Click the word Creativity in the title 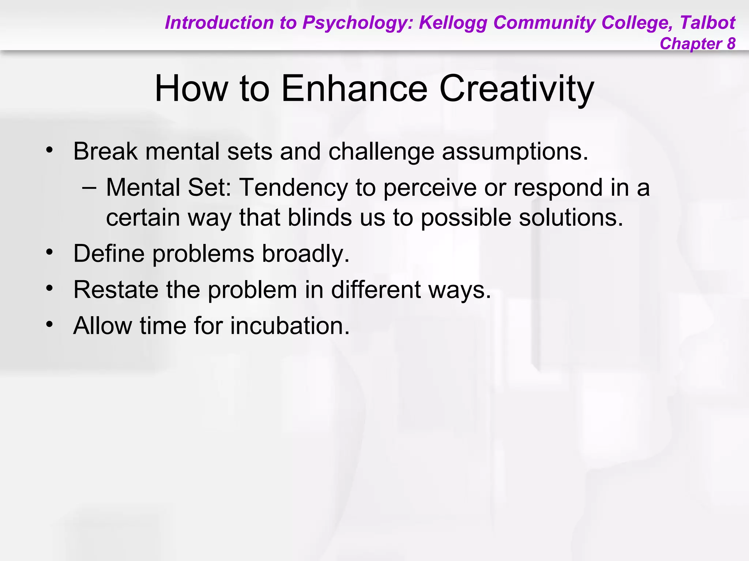516,89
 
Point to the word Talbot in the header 707,23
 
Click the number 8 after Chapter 731,44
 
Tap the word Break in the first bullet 105,151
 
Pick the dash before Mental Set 90,188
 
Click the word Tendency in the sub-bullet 293,188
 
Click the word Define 109,253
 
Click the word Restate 116,290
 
